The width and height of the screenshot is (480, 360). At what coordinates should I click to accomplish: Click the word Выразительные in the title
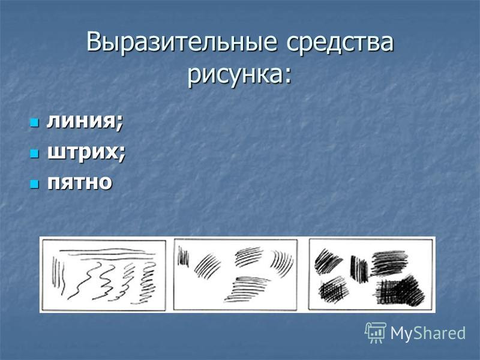pos(182,42)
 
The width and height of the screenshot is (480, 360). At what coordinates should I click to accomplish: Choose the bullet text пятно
pos(80,182)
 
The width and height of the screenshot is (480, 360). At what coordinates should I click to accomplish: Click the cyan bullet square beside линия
pos(34,123)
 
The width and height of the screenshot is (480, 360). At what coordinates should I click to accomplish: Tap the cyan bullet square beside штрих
pos(34,154)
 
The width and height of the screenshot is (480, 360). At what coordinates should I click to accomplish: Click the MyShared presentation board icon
pos(376,332)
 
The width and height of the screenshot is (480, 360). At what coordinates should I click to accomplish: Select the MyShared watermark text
pos(428,333)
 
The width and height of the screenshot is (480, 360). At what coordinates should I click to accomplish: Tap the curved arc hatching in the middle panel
pos(281,263)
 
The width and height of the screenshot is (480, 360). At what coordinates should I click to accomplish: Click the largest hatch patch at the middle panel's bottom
pos(247,289)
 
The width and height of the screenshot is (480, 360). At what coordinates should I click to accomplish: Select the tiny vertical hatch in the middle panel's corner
pos(183,257)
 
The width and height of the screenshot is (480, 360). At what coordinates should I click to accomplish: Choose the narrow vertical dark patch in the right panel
pos(359,269)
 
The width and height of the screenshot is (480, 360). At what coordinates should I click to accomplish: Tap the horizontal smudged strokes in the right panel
pos(389,263)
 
